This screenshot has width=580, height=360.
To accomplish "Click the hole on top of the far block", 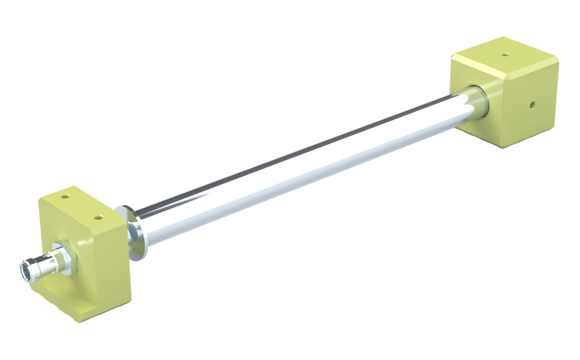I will point(502,58).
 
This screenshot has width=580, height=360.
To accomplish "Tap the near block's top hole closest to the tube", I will point(96,212).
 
